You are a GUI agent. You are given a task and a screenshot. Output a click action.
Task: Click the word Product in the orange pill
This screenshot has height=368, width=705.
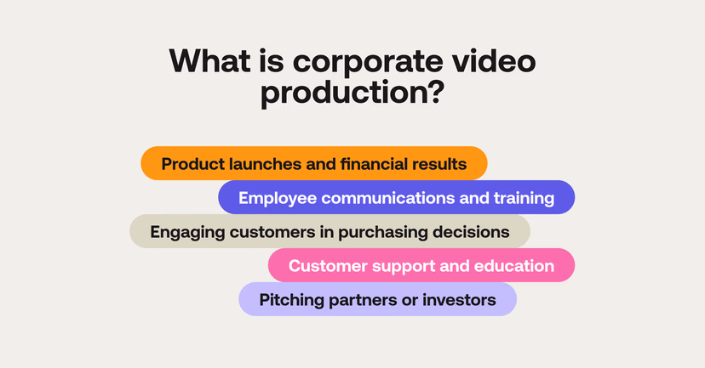(x=189, y=164)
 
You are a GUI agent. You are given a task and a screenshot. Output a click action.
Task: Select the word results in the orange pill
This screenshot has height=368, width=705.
(x=438, y=164)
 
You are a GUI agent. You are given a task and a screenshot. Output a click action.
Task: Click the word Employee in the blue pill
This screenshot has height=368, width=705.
(x=274, y=198)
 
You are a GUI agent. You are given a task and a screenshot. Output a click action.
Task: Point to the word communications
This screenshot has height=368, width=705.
(x=387, y=198)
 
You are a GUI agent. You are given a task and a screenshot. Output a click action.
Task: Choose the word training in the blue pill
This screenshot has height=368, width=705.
(x=524, y=198)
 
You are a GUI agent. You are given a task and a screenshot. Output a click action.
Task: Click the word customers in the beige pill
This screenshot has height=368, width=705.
(x=263, y=231)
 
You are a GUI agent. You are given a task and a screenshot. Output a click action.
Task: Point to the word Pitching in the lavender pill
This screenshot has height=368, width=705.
(x=290, y=300)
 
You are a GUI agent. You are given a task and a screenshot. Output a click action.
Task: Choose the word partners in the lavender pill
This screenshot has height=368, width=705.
(x=364, y=300)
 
